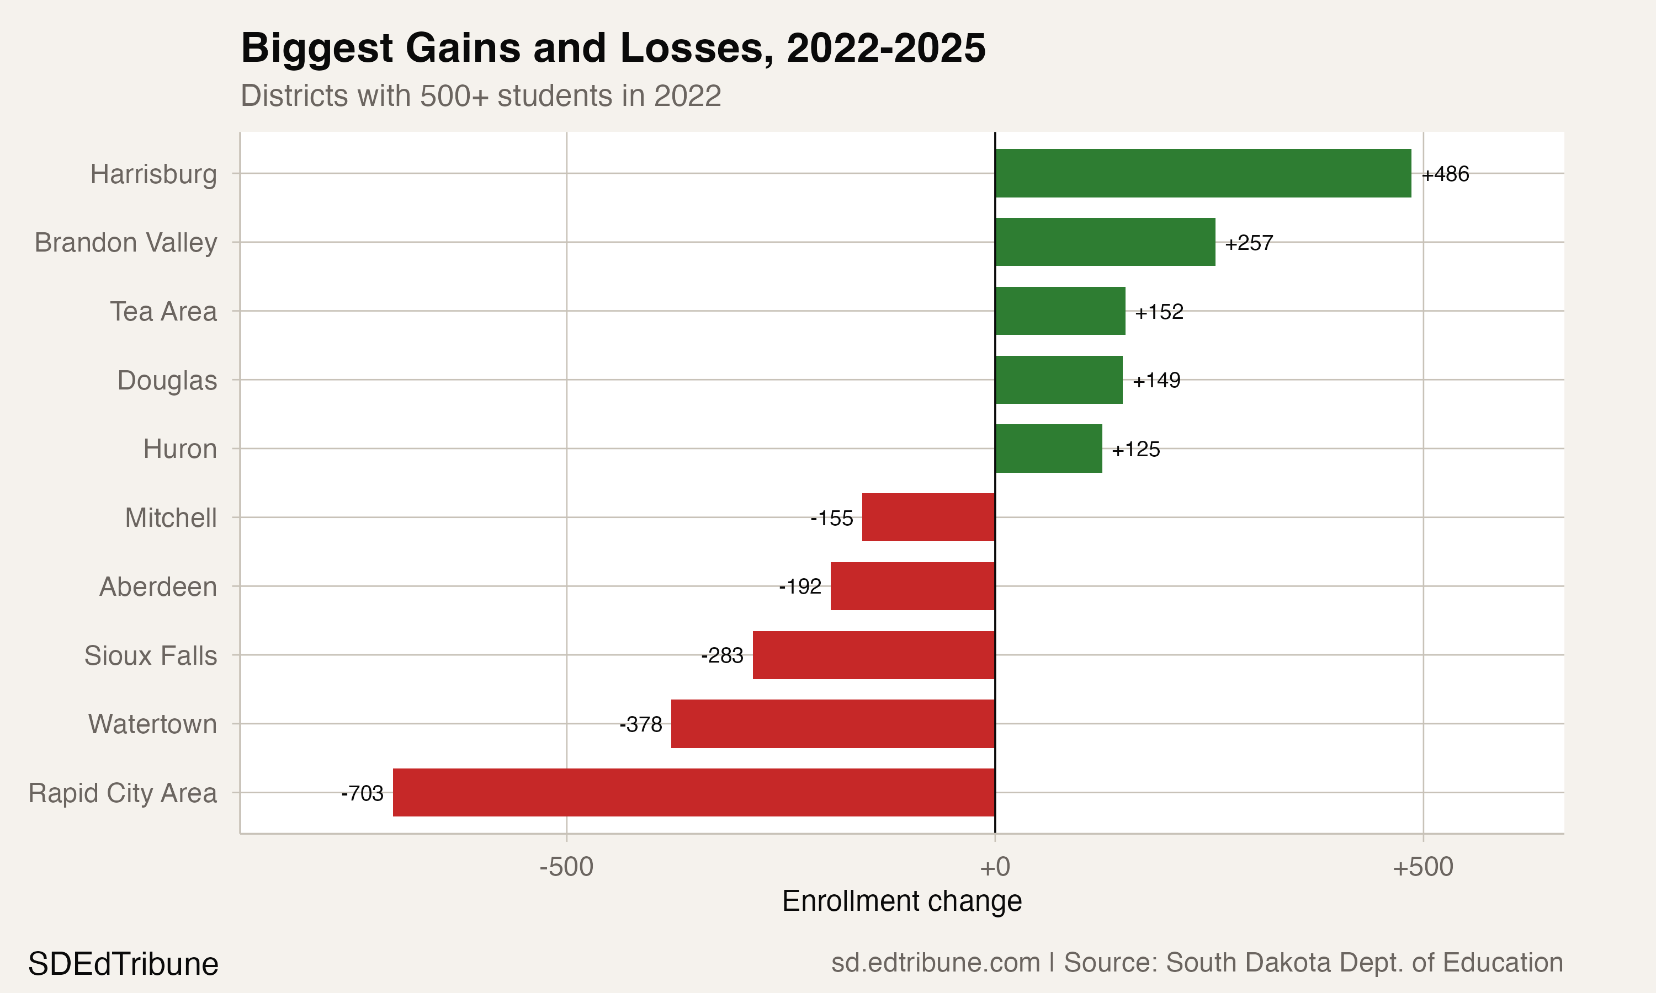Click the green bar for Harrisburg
coord(1203,173)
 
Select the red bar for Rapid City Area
coord(693,792)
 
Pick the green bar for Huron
coord(1048,449)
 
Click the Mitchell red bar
coord(928,517)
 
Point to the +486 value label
coord(1445,174)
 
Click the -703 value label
coord(362,793)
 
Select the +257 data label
coord(1249,242)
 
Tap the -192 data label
coord(800,586)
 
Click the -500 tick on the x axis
coord(566,867)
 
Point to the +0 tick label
coord(995,867)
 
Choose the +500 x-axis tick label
coord(1423,867)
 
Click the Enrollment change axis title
coord(901,901)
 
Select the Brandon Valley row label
coord(126,242)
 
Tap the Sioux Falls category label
coord(151,655)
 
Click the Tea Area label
coord(163,311)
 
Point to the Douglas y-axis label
coord(167,380)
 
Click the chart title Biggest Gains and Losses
coord(613,48)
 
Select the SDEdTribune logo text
coord(123,964)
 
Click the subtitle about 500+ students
coord(481,95)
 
